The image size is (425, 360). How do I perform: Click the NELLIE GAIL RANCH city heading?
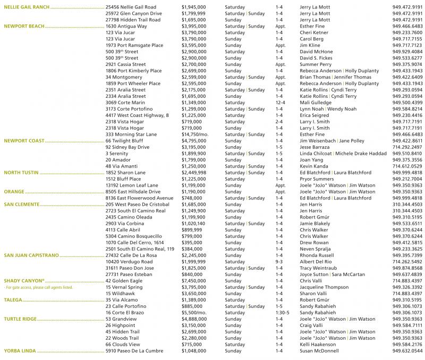point(27,7)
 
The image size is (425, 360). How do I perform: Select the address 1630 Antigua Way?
point(125,26)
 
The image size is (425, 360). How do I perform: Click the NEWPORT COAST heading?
point(24,141)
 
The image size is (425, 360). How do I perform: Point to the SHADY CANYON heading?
point(23,280)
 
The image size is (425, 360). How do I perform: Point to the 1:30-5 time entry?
point(282,313)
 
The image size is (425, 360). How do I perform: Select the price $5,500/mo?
point(196,313)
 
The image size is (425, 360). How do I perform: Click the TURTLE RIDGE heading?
point(21,319)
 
